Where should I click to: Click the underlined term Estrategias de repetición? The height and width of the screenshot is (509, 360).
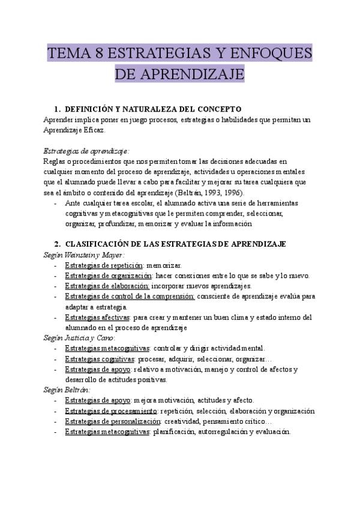pyautogui.click(x=103, y=265)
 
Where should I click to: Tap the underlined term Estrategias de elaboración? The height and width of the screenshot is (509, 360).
pyautogui.click(x=107, y=286)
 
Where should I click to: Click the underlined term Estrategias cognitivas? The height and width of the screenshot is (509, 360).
pyautogui.click(x=99, y=358)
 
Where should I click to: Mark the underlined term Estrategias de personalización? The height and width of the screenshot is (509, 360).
pyautogui.click(x=113, y=421)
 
